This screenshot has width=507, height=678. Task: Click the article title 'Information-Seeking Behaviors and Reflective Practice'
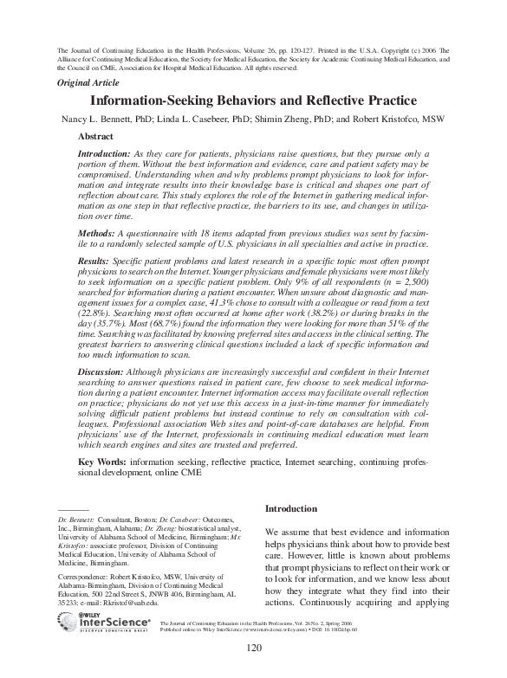point(254,101)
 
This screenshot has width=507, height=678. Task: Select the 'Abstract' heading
point(95,137)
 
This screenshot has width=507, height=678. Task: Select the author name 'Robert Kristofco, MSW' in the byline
point(393,119)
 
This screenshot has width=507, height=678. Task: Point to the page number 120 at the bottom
point(254,649)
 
